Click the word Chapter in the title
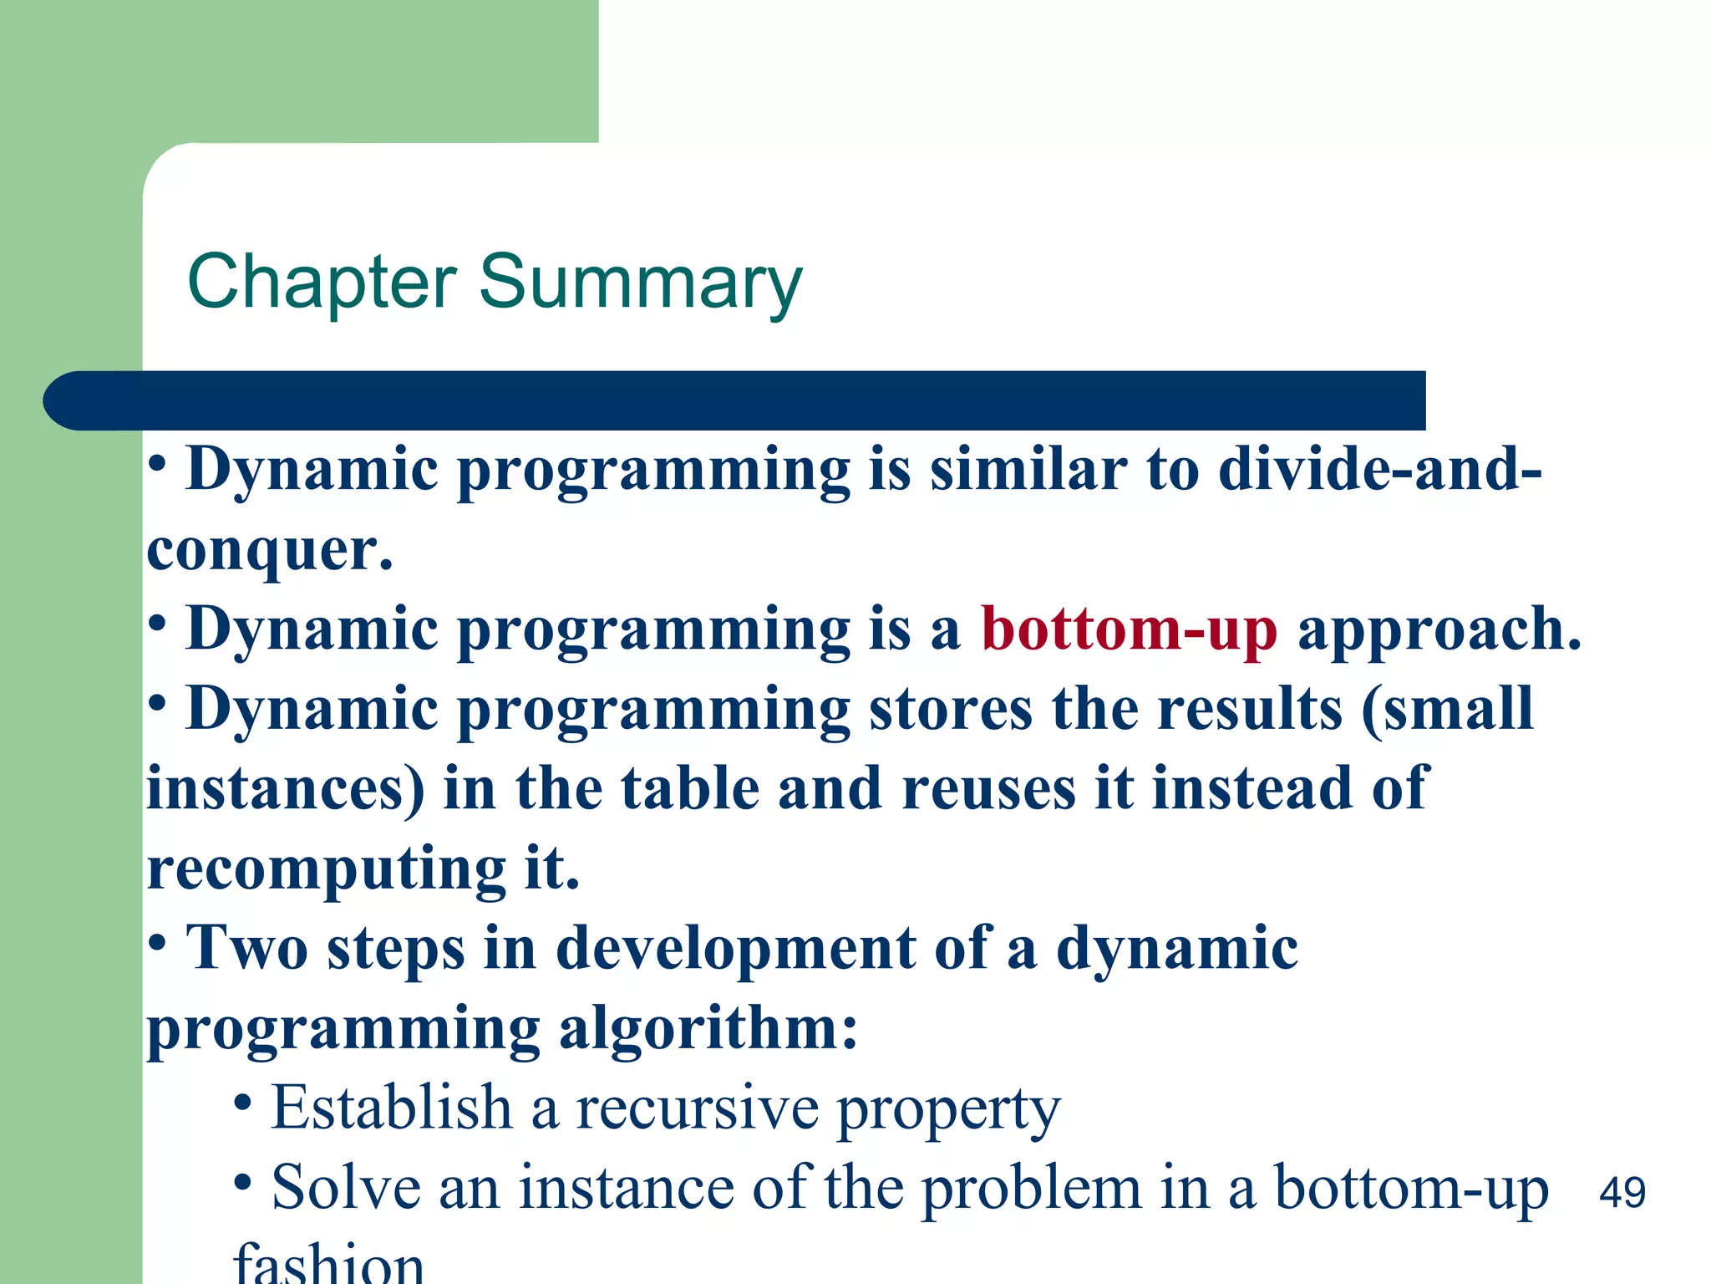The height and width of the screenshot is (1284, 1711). [x=322, y=283]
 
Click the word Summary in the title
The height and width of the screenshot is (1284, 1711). [x=640, y=283]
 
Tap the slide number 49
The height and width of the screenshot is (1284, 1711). [x=1622, y=1192]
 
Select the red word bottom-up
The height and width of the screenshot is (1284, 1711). [x=1129, y=629]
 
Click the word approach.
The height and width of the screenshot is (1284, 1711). [x=1439, y=629]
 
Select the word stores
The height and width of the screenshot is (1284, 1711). [x=951, y=709]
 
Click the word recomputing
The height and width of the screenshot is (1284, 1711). [x=326, y=869]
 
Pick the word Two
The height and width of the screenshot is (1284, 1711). [x=247, y=949]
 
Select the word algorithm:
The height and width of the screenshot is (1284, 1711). [x=708, y=1027]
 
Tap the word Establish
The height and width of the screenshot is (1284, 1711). [x=391, y=1108]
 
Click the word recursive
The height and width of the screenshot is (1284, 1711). [x=698, y=1108]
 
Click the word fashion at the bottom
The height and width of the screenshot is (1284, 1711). [x=329, y=1262]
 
